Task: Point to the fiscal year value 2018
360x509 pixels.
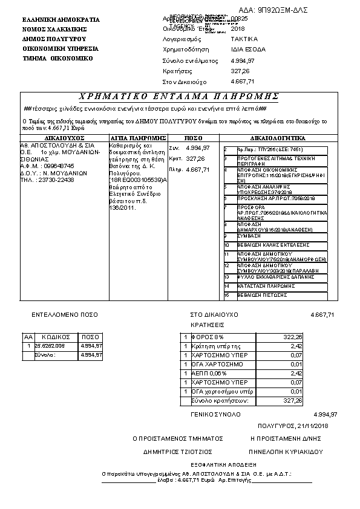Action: coord(238,28)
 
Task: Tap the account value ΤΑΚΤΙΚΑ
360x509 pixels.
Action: coord(243,39)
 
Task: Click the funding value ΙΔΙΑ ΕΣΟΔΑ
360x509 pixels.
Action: coord(248,49)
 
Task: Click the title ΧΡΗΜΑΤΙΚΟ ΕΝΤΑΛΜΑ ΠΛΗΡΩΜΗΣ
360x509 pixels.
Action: coord(179,97)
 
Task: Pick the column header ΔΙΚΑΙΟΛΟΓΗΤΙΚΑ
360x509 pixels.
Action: coord(279,138)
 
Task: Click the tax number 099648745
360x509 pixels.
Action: coord(58,166)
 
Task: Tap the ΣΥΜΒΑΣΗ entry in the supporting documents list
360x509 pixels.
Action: coord(250,235)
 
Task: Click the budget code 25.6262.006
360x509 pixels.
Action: coord(50,346)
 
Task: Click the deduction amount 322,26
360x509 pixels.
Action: coord(293,337)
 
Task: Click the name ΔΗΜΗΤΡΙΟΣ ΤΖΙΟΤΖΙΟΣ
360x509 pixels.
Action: coord(177,451)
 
